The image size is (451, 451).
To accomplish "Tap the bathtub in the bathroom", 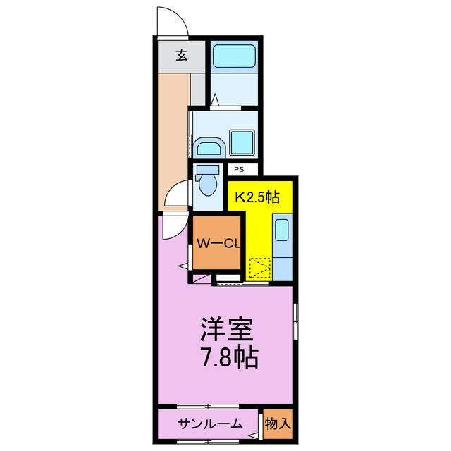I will point(235,54).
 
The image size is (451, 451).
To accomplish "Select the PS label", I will point(239,169).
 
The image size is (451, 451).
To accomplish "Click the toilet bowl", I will point(208,185).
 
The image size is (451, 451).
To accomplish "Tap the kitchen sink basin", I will point(282,230).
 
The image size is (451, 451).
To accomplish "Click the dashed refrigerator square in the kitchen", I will point(259,268).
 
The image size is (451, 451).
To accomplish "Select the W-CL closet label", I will point(219,245).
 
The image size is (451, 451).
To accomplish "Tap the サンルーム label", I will point(210,424).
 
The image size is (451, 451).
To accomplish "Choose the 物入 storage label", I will point(278,424).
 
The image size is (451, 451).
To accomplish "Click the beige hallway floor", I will point(173,134).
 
